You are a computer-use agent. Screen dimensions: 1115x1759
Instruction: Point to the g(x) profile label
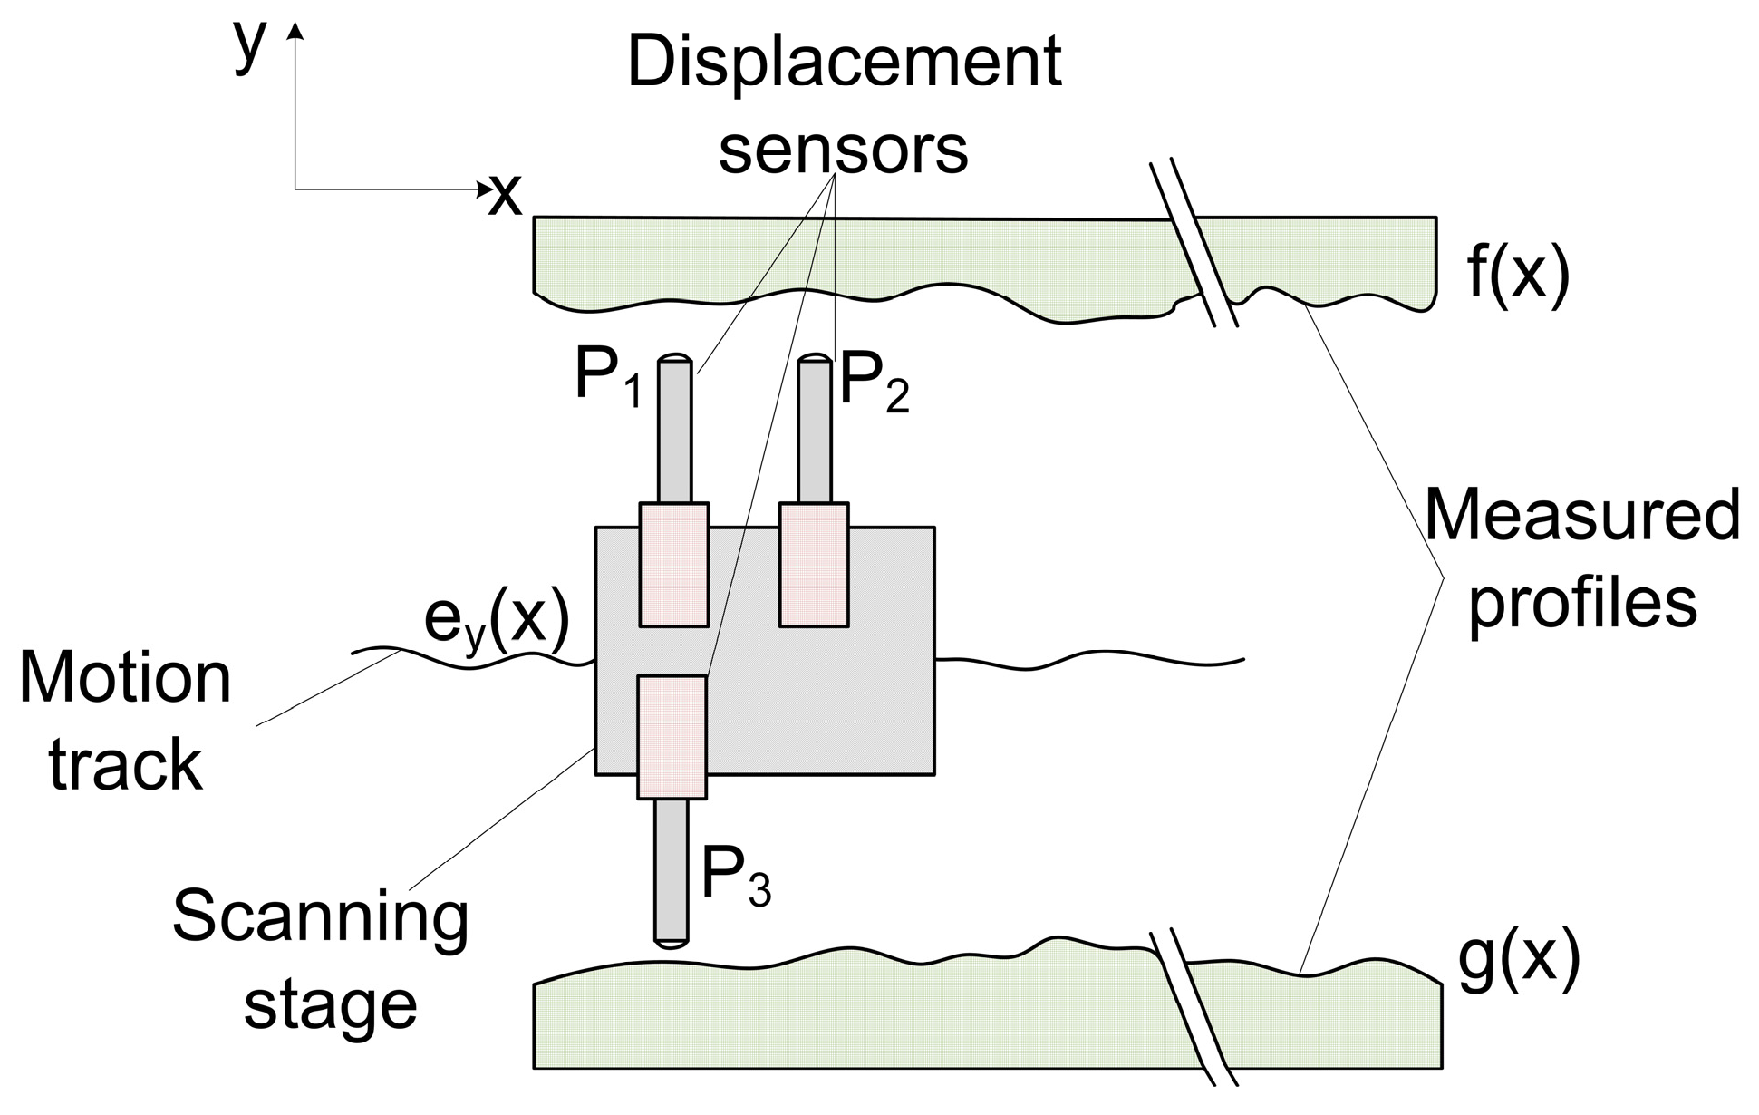click(1520, 965)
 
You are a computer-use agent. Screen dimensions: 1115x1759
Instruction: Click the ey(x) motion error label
click(497, 621)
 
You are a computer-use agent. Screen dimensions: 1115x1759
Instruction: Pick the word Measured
click(1581, 516)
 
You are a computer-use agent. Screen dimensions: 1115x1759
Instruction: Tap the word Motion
click(125, 680)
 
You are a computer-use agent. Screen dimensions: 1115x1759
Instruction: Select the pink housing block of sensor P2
click(814, 564)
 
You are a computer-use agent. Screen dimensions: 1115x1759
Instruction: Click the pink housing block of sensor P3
click(672, 736)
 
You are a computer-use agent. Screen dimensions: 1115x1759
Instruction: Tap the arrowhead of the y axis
click(295, 33)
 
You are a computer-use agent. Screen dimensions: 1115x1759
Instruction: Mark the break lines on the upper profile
click(1194, 245)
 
